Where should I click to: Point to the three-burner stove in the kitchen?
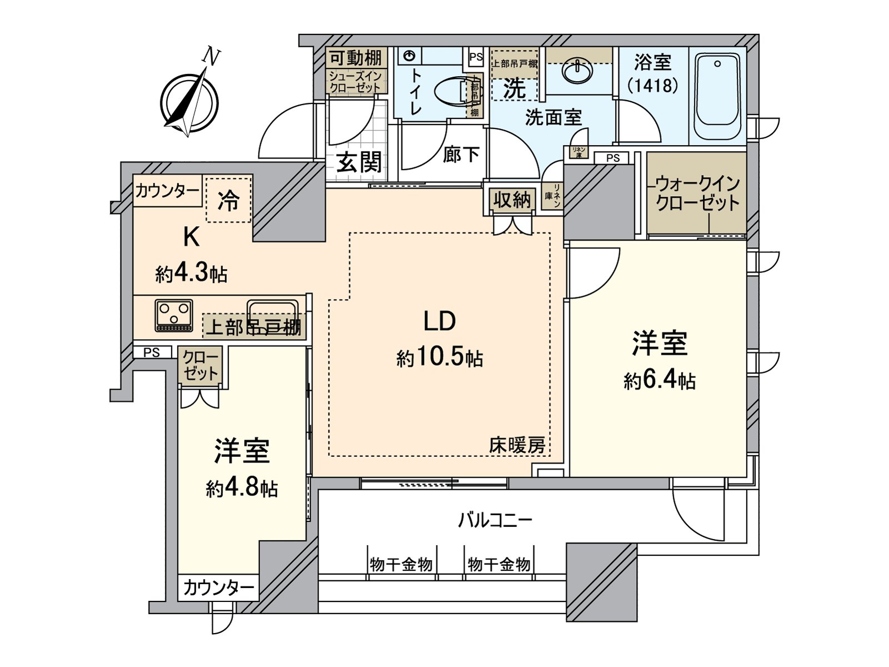point(174,316)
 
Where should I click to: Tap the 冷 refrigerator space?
point(228,200)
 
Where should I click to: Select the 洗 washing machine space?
point(514,88)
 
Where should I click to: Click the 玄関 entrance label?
point(359,162)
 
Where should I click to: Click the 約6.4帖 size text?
point(660,380)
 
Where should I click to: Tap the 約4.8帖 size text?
point(242,488)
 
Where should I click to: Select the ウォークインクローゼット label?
point(697,192)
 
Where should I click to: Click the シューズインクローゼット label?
point(356,82)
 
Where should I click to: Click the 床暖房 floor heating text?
point(517,445)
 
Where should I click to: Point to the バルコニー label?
point(495,520)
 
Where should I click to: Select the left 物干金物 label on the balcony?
point(401,565)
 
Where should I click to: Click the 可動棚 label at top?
point(356,58)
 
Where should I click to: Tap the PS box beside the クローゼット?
point(151,352)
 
